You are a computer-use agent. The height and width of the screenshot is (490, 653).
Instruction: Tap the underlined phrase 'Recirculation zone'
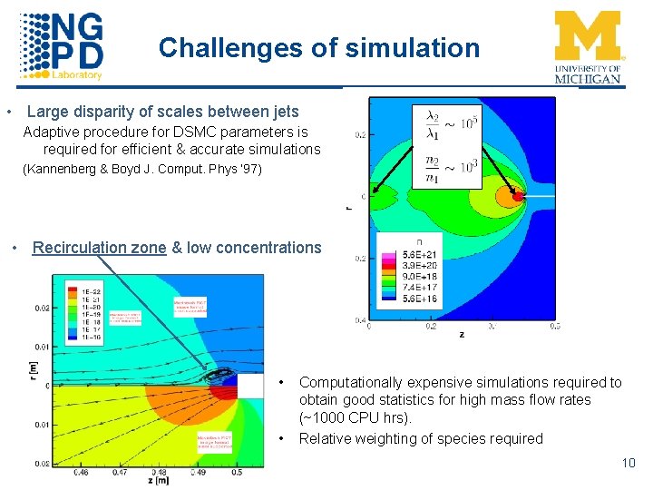point(99,248)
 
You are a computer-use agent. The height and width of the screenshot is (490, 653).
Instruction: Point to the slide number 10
point(629,464)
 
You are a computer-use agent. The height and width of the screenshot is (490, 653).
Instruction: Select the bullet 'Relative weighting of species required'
point(421,439)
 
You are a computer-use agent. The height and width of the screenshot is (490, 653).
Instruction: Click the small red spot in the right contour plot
point(518,195)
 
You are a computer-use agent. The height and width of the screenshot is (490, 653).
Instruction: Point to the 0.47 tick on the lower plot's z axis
point(120,472)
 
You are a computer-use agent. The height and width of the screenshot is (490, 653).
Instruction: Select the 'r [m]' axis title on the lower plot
point(33,367)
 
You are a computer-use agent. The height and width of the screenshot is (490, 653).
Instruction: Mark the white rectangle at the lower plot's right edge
point(250,386)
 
